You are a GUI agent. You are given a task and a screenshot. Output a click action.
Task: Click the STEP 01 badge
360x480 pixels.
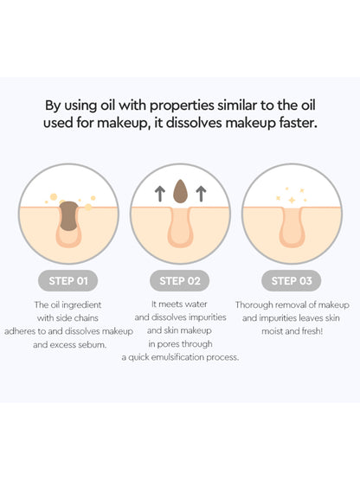pyautogui.click(x=68, y=280)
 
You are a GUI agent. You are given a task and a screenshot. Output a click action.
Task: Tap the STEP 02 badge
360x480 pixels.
pyautogui.click(x=179, y=280)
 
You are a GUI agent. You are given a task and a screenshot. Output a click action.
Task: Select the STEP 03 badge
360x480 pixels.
pyautogui.click(x=292, y=280)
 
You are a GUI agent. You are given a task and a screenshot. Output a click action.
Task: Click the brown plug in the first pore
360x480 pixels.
pyautogui.click(x=69, y=215)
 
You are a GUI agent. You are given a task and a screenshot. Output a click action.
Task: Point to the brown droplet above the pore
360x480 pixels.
pyautogui.click(x=180, y=191)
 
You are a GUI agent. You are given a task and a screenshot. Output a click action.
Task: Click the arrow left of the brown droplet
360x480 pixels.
pyautogui.click(x=159, y=194)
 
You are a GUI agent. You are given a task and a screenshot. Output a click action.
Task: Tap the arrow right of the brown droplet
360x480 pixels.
pyautogui.click(x=201, y=194)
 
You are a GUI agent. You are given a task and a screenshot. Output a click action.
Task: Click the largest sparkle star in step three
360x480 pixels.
pyautogui.click(x=292, y=200)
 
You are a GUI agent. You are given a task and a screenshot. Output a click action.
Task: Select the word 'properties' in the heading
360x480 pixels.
pyautogui.click(x=182, y=106)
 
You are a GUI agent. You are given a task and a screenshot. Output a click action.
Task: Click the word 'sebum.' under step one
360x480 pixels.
pyautogui.click(x=93, y=345)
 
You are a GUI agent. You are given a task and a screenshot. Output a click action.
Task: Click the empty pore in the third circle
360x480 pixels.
pyautogui.click(x=292, y=227)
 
